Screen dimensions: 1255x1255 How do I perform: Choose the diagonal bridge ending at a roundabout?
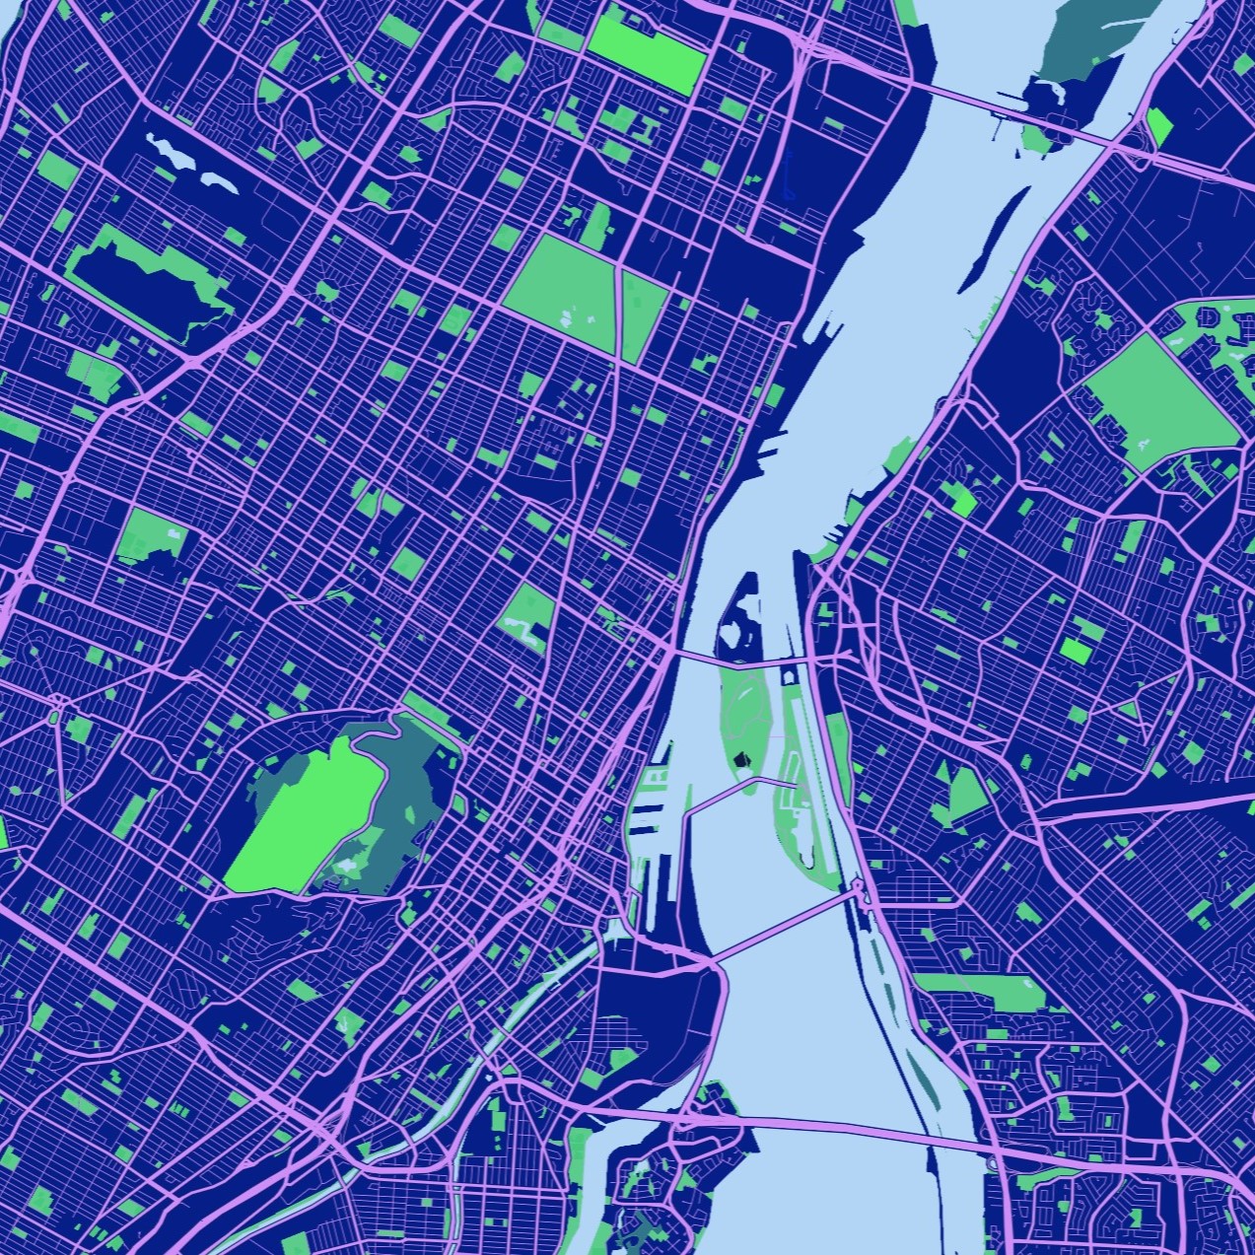click(x=779, y=928)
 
